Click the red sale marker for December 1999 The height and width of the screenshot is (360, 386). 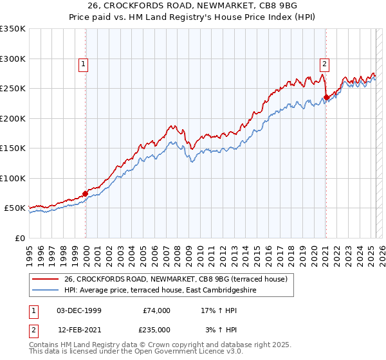click(x=86, y=194)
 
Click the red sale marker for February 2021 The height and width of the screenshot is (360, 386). click(x=326, y=97)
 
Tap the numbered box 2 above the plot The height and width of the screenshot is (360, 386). click(x=325, y=63)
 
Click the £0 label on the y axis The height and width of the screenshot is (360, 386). click(x=19, y=238)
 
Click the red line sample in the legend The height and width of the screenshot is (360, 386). click(x=45, y=278)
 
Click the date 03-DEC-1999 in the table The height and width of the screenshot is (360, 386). click(x=78, y=310)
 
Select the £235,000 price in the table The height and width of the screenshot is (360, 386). click(x=156, y=330)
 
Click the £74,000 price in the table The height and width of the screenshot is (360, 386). click(x=156, y=310)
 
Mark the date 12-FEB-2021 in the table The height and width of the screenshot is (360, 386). click(x=78, y=330)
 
